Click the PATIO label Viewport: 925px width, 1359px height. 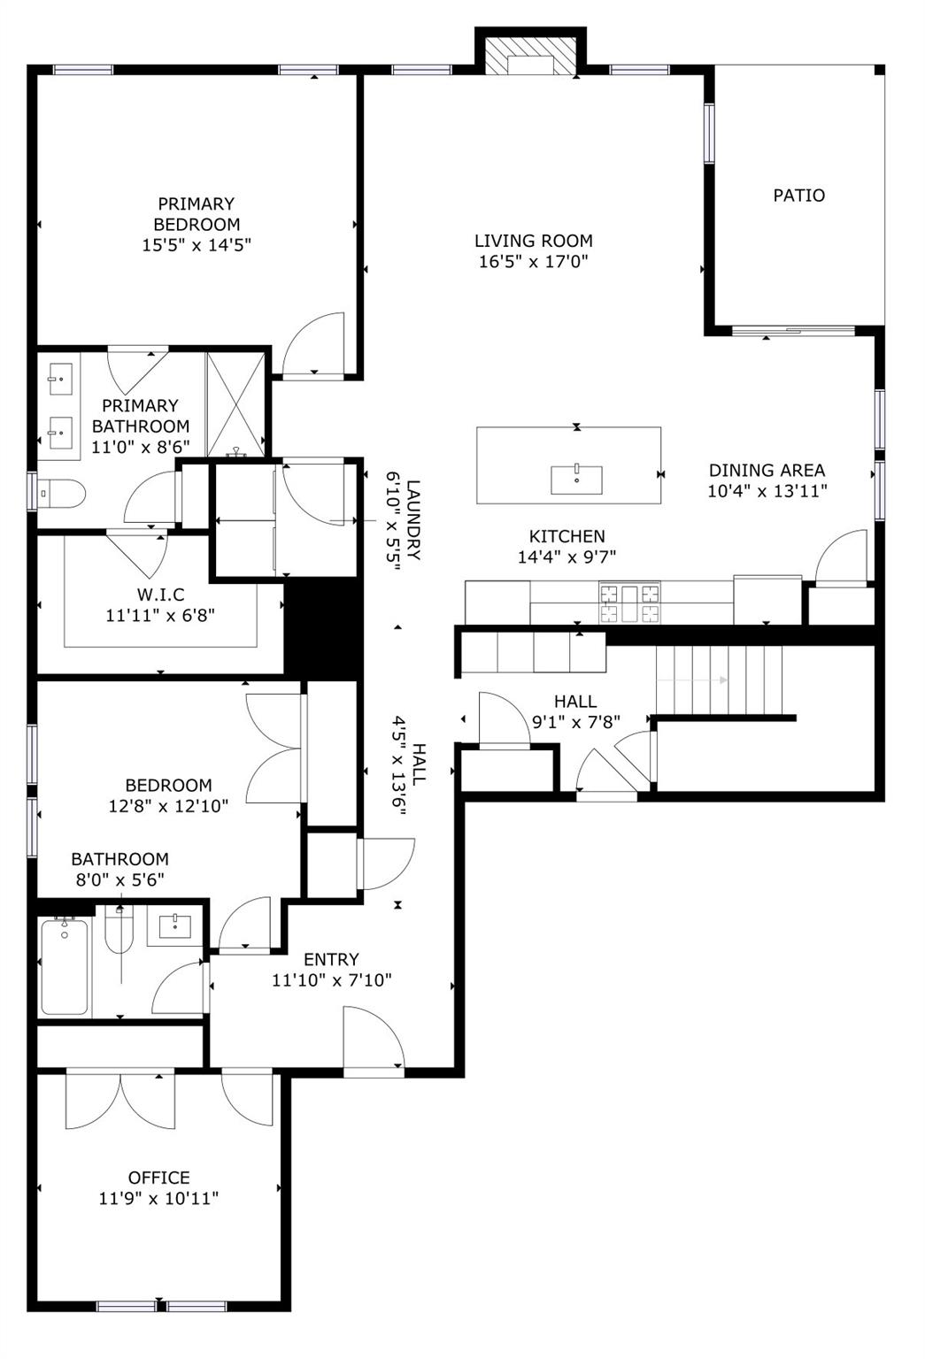tap(798, 196)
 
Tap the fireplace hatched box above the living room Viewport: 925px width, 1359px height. tap(530, 57)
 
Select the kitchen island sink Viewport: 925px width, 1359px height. tap(576, 480)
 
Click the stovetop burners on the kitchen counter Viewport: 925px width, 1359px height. tap(629, 603)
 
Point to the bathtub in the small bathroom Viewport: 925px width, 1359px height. tap(65, 966)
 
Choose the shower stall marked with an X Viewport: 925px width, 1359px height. tap(235, 404)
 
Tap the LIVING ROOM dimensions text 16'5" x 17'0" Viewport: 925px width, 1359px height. tap(534, 262)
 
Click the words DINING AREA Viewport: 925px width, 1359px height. tap(767, 470)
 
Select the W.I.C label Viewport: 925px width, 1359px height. tap(160, 595)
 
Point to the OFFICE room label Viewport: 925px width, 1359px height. tap(159, 1178)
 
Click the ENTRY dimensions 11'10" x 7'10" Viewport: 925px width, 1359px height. tap(331, 980)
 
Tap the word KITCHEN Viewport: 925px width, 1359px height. tap(567, 536)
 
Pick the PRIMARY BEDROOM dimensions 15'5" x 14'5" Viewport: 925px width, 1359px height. tap(197, 245)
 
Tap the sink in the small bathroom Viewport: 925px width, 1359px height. tap(174, 926)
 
